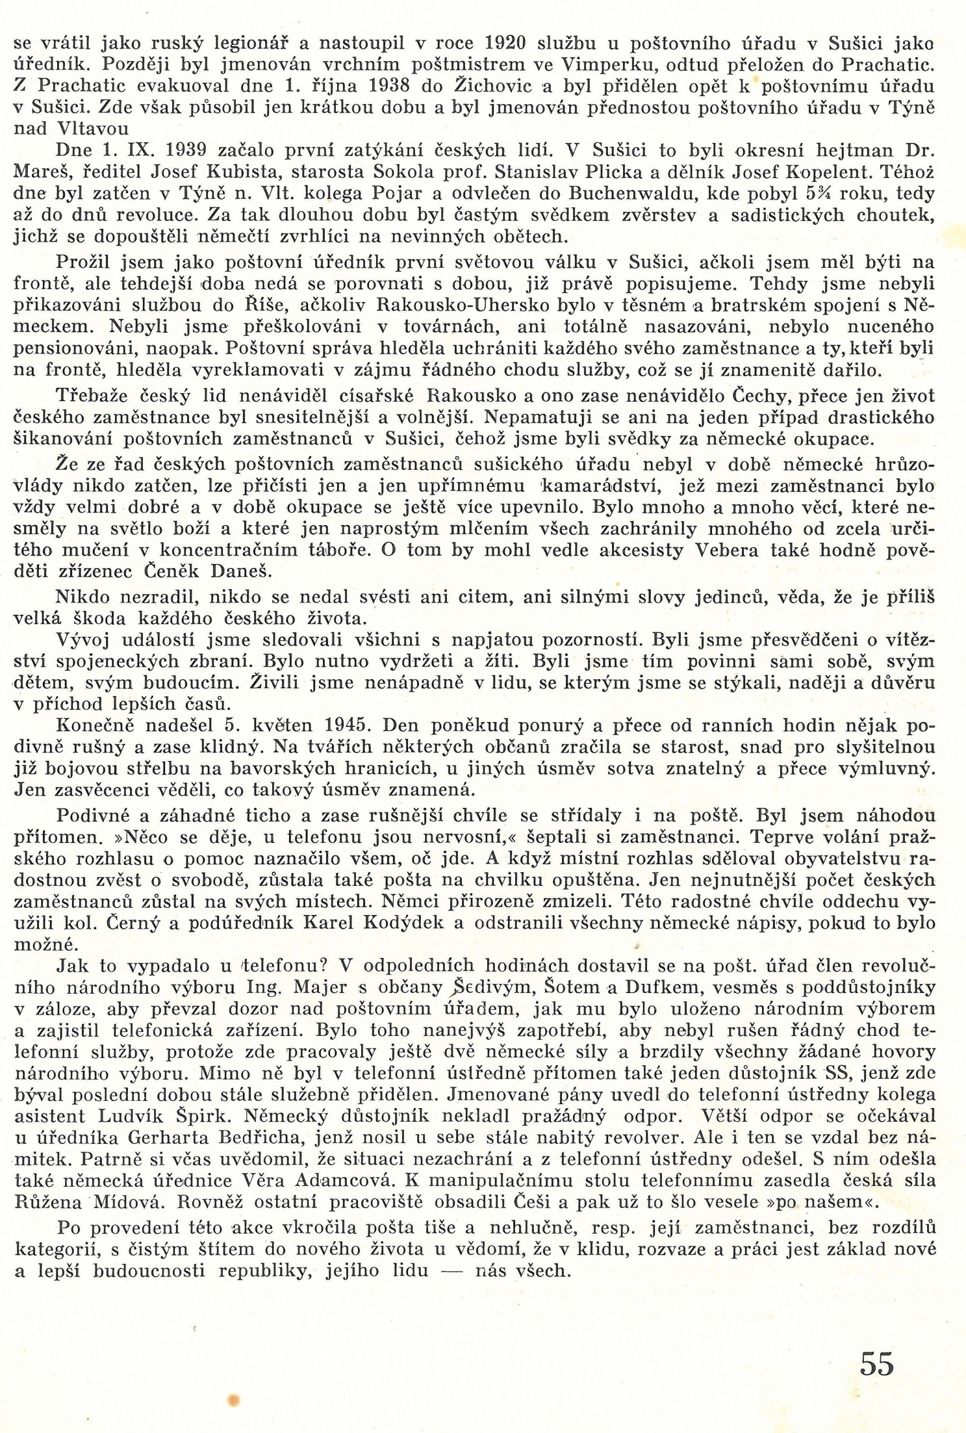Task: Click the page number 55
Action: (x=877, y=1363)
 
